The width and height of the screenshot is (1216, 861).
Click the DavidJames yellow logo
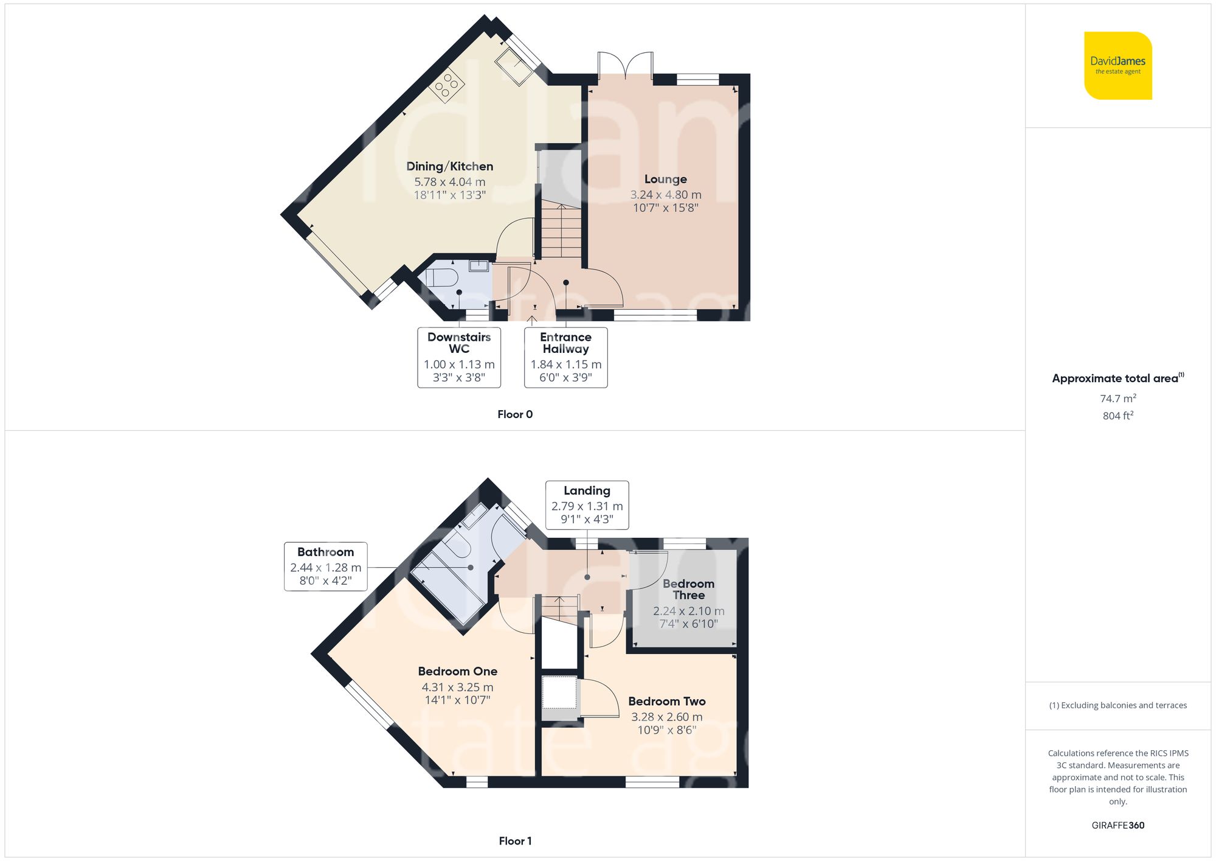click(x=1118, y=66)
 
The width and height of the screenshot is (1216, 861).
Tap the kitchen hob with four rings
click(x=447, y=85)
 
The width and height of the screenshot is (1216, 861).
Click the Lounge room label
click(x=665, y=179)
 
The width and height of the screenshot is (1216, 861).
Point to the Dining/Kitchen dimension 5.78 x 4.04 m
click(x=449, y=182)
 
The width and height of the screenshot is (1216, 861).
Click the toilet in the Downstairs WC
click(x=441, y=278)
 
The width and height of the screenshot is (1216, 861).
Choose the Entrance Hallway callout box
click(x=565, y=357)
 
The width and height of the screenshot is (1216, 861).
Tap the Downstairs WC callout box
click(x=459, y=357)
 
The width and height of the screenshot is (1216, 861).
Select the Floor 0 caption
click(x=514, y=414)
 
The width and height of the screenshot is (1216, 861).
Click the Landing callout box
click(x=587, y=505)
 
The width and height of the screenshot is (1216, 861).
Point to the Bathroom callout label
click(x=325, y=566)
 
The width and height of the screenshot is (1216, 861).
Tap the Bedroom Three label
click(x=688, y=589)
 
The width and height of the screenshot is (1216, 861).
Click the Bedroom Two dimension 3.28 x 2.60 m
click(x=666, y=717)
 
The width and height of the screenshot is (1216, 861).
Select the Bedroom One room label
click(x=457, y=671)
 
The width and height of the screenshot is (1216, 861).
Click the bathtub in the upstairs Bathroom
click(x=447, y=587)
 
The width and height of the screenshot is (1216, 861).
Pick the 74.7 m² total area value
click(x=1118, y=399)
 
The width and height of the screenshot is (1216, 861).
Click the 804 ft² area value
click(x=1118, y=416)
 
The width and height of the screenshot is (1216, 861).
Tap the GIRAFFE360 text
click(x=1118, y=825)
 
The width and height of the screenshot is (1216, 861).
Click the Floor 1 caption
click(x=514, y=841)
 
